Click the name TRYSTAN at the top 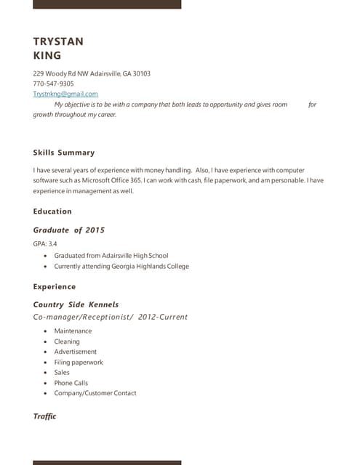click(x=58, y=41)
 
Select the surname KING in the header click(x=47, y=55)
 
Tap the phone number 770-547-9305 click(x=53, y=84)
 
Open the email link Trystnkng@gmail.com click(x=65, y=94)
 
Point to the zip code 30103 click(x=141, y=73)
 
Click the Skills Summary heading click(x=64, y=153)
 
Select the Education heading click(x=52, y=211)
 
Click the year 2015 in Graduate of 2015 click(x=95, y=230)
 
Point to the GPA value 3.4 click(x=53, y=244)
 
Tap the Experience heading click(x=55, y=287)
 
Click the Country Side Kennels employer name click(x=76, y=304)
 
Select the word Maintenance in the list click(x=73, y=331)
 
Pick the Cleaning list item click(x=67, y=341)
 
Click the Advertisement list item click(x=75, y=352)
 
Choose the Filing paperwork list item click(x=79, y=362)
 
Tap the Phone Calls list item click(x=71, y=383)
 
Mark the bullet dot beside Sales click(x=47, y=373)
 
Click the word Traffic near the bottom click(x=44, y=416)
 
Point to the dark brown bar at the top click(x=107, y=4)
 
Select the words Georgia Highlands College click(x=152, y=266)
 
